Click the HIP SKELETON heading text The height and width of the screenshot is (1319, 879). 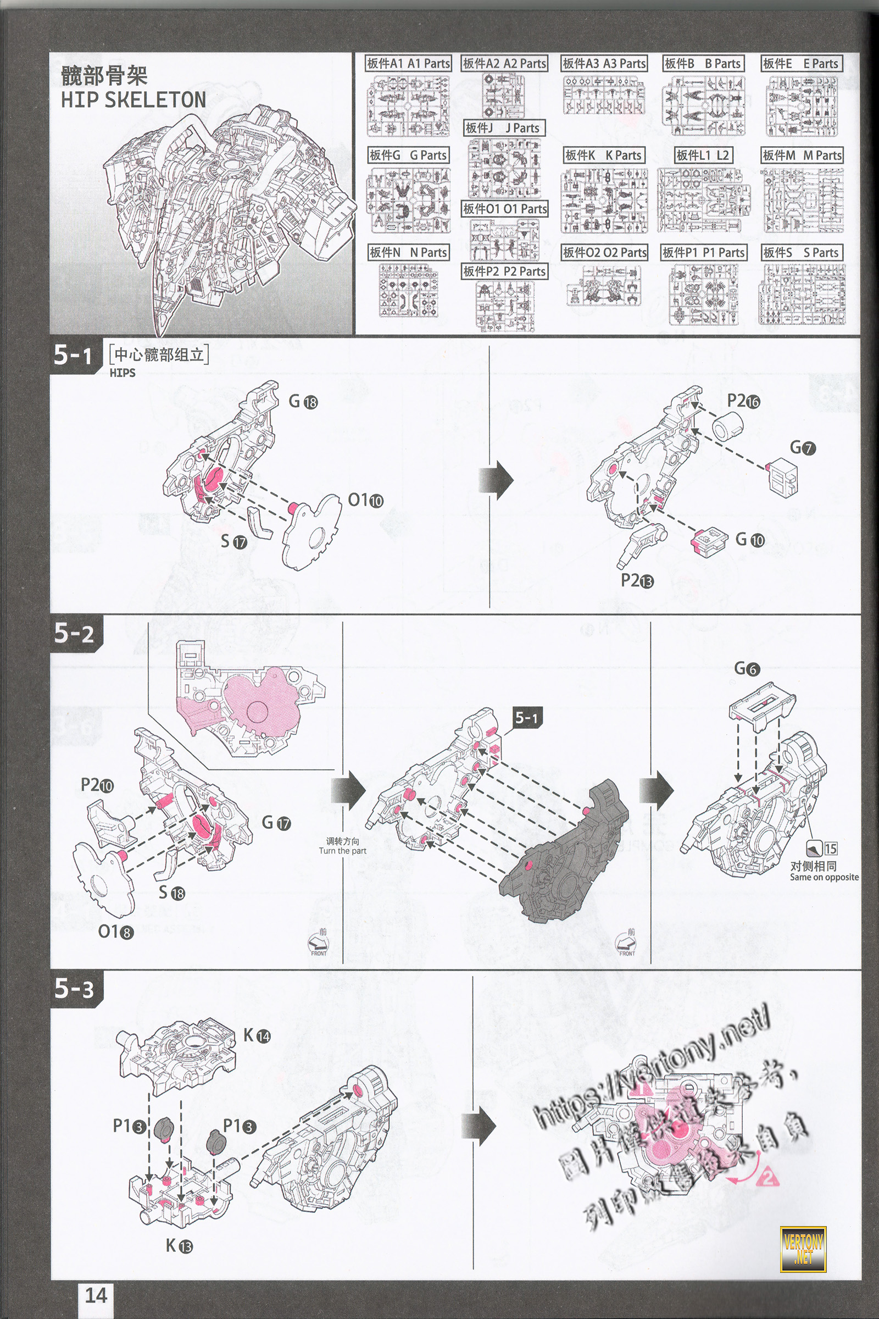133,100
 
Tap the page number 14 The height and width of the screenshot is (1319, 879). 95,1295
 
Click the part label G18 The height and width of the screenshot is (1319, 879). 303,401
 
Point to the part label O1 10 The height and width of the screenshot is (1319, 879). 365,500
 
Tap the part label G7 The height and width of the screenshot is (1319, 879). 802,447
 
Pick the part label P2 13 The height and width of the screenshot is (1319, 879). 637,580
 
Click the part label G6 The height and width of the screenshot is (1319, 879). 747,668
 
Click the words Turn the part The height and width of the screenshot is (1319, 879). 342,851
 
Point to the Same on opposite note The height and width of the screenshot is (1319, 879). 824,877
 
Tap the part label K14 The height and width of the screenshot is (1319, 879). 257,1035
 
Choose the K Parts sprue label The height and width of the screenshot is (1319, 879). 604,156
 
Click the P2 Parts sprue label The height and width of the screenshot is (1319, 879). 504,271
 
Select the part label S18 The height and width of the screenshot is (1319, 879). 171,892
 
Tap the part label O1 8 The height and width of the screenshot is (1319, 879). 115,932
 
